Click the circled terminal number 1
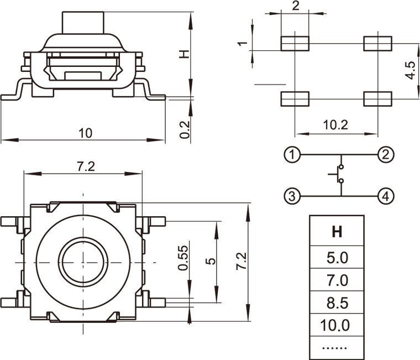pyautogui.click(x=292, y=154)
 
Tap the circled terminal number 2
pyautogui.click(x=386, y=154)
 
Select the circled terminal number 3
pyautogui.click(x=292, y=196)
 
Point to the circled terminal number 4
pyautogui.click(x=386, y=196)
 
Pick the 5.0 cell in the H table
pyautogui.click(x=336, y=257)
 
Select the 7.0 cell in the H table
pyautogui.click(x=336, y=280)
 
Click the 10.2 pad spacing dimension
pyautogui.click(x=335, y=125)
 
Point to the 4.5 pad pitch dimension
pyautogui.click(x=410, y=71)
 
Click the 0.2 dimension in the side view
pyautogui.click(x=185, y=129)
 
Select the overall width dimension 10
pyautogui.click(x=85, y=133)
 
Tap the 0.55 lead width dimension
pyautogui.click(x=183, y=258)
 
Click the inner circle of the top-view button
pyautogui.click(x=83, y=260)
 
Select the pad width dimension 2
pyautogui.click(x=295, y=6)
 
